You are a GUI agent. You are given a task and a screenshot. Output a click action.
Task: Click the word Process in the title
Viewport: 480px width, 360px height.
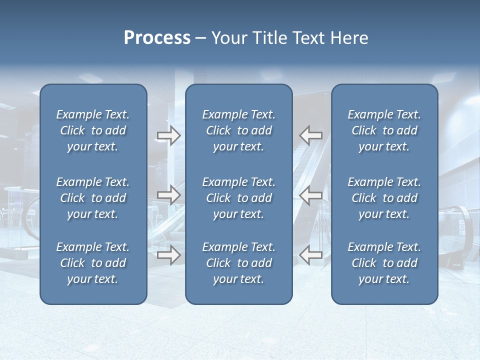tap(157, 38)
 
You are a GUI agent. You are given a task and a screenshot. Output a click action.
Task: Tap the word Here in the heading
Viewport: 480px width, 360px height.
tap(348, 38)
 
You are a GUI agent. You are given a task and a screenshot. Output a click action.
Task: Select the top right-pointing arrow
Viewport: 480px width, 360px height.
tap(168, 135)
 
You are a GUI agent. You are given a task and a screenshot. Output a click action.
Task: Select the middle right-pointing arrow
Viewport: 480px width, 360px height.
tap(168, 195)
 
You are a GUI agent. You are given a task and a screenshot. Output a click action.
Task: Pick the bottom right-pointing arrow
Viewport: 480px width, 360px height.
tap(168, 255)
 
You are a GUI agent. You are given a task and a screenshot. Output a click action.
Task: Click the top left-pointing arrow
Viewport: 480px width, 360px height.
tap(310, 135)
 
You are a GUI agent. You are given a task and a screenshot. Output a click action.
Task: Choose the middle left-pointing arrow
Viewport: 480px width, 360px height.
tap(310, 195)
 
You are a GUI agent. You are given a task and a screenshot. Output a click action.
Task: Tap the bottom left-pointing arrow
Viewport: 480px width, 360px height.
tap(310, 255)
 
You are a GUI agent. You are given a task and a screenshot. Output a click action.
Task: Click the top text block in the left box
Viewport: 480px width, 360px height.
tap(93, 130)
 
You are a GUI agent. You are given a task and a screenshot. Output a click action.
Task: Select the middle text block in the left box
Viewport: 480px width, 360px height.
tap(93, 198)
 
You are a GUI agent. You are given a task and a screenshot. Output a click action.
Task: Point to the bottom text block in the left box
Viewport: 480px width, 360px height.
tap(93, 263)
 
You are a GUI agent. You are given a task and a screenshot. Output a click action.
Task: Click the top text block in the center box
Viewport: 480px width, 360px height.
tap(238, 130)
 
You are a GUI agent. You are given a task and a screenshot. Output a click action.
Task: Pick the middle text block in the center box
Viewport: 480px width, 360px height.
tap(238, 198)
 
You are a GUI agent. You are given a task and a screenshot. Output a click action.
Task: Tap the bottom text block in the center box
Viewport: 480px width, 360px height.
tap(238, 263)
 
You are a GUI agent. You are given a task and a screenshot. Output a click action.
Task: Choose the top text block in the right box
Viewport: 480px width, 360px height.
tap(384, 130)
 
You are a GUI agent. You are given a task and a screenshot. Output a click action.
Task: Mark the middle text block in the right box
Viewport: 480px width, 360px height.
tap(384, 198)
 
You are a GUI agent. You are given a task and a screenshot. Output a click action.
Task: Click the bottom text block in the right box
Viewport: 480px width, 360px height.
tap(384, 263)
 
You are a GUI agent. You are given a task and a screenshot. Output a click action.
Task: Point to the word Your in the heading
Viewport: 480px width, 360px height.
tap(229, 38)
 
